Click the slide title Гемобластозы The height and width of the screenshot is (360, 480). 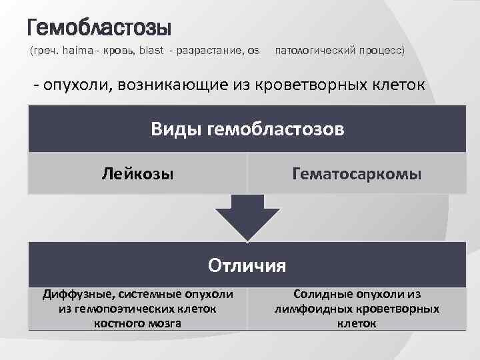[x=99, y=28]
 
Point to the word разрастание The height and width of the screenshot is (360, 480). [x=210, y=51]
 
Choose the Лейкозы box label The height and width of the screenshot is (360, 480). [x=137, y=175]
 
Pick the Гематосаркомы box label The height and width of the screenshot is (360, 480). [x=357, y=175]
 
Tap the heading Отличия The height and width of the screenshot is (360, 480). [x=247, y=265]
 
